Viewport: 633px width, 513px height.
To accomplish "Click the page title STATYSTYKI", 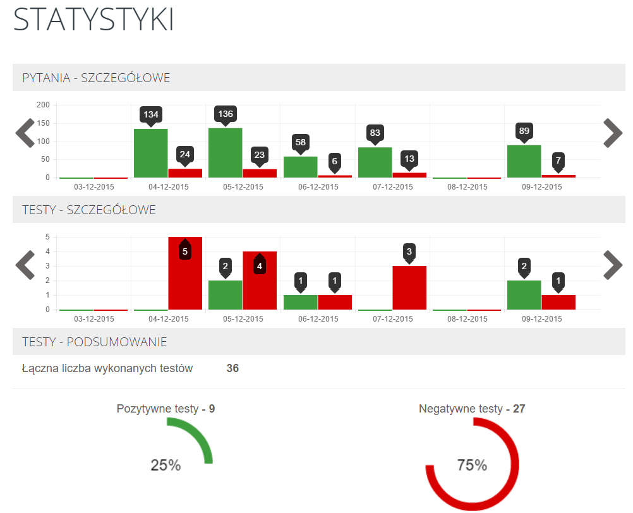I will click(x=93, y=20).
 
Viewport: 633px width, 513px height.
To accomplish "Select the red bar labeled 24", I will click(x=185, y=173).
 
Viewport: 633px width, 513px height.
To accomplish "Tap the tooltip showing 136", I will click(x=225, y=114).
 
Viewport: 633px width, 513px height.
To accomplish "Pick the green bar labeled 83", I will click(x=375, y=162).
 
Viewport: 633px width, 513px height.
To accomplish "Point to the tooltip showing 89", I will click(x=524, y=131).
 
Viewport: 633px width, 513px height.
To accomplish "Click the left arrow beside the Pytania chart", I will click(x=25, y=133).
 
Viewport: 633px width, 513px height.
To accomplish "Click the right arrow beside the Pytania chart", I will click(x=613, y=133).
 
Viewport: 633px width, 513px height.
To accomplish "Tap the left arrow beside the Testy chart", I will click(x=25, y=265).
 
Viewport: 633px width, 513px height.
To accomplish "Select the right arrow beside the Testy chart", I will click(x=613, y=265).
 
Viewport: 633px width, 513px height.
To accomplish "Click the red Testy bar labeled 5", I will click(x=185, y=278).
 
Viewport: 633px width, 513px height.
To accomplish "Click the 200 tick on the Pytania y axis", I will click(x=43, y=104).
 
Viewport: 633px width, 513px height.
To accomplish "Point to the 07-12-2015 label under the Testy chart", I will click(x=393, y=319).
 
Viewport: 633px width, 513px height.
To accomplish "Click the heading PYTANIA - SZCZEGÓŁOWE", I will click(x=96, y=78).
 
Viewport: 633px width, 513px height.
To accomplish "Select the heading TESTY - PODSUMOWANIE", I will click(x=95, y=342).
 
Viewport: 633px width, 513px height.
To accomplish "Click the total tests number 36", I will click(x=232, y=368).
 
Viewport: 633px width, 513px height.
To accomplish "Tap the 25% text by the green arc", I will click(x=166, y=466).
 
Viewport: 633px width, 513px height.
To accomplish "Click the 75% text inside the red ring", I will click(x=472, y=466).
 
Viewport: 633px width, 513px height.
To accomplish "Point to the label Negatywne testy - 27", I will click(x=472, y=409).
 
